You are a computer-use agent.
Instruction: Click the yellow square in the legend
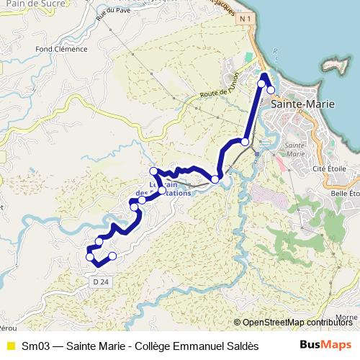coord(11,345)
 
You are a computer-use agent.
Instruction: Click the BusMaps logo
coord(325,344)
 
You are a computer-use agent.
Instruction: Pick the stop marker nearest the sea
coord(271,90)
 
